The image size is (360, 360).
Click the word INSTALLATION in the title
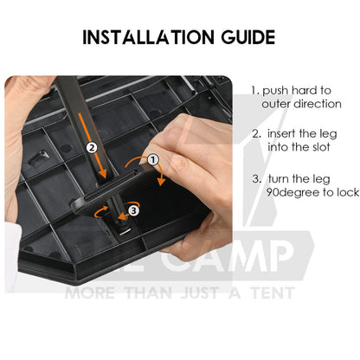click(x=148, y=37)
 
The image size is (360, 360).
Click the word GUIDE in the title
click(x=248, y=37)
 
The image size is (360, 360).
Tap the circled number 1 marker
click(x=153, y=159)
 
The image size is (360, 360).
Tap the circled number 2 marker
click(x=92, y=147)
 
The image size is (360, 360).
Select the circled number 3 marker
click(x=133, y=210)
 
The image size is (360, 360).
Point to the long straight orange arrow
click(x=92, y=145)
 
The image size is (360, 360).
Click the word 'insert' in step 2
click(x=281, y=133)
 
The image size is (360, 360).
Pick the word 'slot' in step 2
click(x=320, y=147)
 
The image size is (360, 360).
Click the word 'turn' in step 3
click(x=279, y=179)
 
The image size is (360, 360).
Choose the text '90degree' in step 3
click(x=292, y=193)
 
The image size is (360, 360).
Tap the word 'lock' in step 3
click(x=348, y=192)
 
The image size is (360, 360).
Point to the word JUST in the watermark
click(x=199, y=292)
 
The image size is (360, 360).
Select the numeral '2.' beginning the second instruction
click(x=256, y=134)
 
